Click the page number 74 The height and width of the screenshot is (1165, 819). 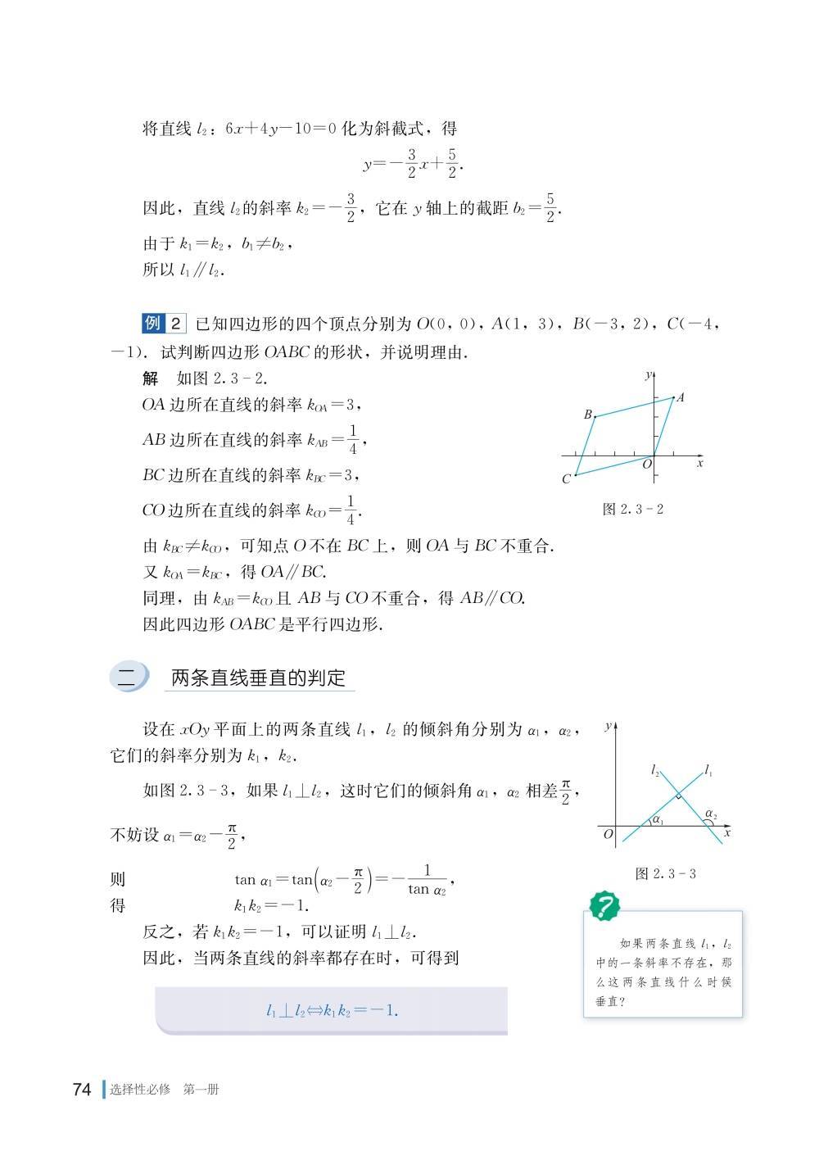81,1090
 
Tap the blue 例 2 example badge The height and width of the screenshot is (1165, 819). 164,324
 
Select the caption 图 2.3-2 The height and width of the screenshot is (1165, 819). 632,509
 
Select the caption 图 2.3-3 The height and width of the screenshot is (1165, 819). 665,873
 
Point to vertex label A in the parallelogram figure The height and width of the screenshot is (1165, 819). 681,398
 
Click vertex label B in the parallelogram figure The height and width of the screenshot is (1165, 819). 587,415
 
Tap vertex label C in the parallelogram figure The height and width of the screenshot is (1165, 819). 566,479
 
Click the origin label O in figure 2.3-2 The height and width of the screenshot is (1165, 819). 646,465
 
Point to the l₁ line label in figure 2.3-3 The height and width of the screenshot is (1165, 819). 708,771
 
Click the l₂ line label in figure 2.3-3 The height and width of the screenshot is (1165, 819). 655,771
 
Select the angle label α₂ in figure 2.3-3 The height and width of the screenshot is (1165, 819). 710,814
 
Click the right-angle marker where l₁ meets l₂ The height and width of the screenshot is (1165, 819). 678,796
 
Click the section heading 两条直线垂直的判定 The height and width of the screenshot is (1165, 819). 258,678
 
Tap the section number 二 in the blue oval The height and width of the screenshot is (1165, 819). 129,678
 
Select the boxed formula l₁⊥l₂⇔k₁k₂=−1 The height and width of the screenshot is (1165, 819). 332,1010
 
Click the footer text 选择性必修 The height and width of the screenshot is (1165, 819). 140,1090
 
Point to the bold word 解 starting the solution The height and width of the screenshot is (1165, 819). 150,378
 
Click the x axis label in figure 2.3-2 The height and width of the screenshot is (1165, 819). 700,464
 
